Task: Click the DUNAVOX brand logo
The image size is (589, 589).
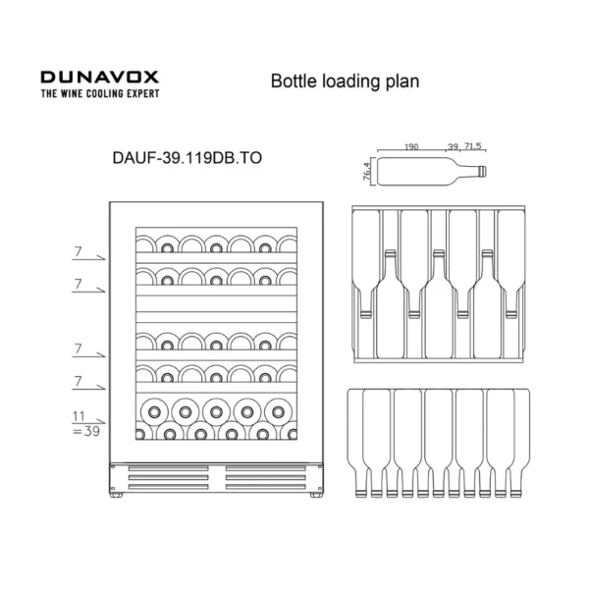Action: pos(99,77)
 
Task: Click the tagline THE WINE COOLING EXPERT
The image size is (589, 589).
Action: pos(100,93)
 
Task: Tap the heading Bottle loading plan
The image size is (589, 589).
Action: pos(345,81)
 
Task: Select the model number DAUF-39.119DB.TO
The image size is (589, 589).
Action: pos(187,158)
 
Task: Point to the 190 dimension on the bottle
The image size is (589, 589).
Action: pos(411,146)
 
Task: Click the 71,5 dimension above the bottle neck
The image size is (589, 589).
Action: pos(472,145)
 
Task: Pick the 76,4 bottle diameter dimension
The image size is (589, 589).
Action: pos(367,171)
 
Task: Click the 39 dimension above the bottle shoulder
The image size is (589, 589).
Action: pos(453,146)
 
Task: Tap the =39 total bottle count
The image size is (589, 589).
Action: pos(86,431)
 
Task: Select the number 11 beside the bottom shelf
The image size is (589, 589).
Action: pos(79,416)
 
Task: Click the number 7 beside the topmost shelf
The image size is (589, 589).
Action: pos(78,251)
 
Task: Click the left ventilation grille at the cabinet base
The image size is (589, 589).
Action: pos(168,477)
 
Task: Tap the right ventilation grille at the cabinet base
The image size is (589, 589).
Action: pos(266,477)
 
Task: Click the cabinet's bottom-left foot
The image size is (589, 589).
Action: pos(116,495)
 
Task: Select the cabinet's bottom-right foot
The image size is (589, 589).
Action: pos(316,495)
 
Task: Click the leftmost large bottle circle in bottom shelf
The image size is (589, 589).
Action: pos(154,412)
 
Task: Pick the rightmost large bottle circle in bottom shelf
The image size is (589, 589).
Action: pos(278,412)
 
